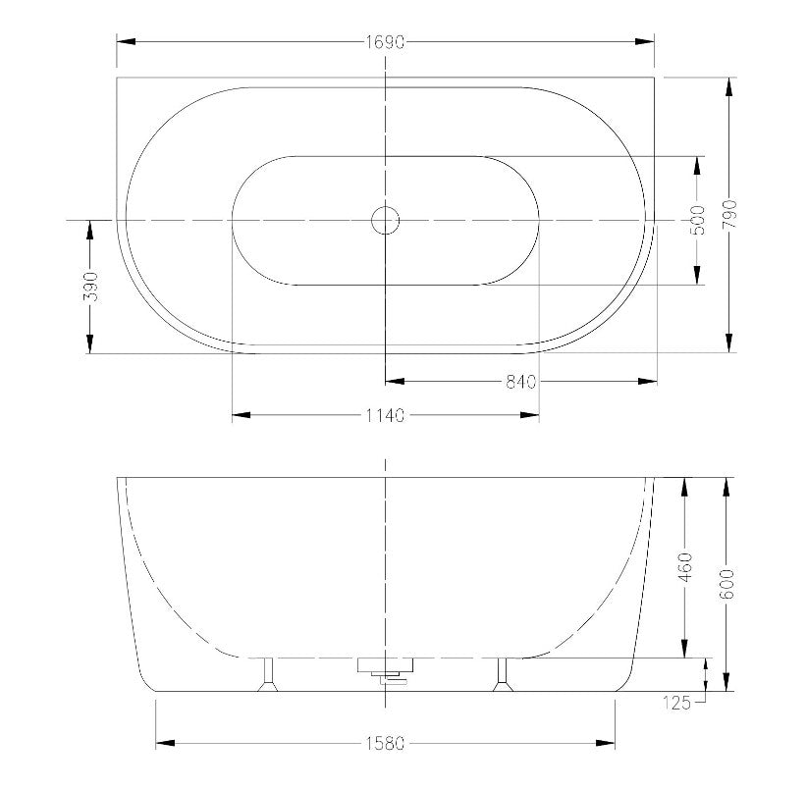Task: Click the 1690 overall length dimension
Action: tap(386, 42)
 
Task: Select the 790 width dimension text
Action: tap(729, 215)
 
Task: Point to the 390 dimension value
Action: tap(89, 287)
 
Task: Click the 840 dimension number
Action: tap(520, 382)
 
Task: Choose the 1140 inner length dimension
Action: tap(386, 416)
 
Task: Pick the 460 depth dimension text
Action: tap(684, 567)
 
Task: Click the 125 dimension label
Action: tap(678, 702)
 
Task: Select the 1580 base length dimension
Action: tap(386, 742)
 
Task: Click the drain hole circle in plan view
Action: tap(386, 220)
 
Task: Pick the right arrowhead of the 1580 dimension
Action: tap(608, 742)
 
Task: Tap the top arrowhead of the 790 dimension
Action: tap(729, 85)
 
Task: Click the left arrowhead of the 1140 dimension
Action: tap(241, 416)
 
